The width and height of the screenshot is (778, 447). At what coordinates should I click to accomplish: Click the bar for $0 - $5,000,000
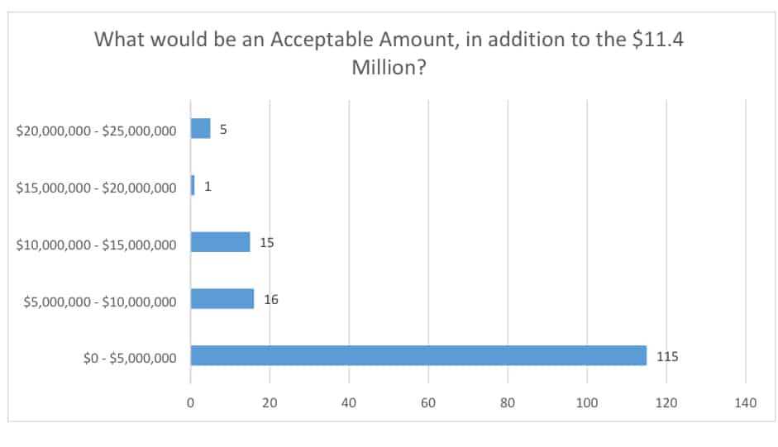[x=418, y=355]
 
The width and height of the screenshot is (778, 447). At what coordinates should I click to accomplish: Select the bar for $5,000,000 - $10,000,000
[x=222, y=298]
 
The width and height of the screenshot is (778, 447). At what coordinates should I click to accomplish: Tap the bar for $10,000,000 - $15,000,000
[x=220, y=241]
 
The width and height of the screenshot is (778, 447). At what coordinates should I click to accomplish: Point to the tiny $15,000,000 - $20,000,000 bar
[x=193, y=185]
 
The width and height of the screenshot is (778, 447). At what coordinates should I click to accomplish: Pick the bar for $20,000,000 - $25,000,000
[x=201, y=129]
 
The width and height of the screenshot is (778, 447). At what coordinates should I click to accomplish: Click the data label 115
[x=667, y=356]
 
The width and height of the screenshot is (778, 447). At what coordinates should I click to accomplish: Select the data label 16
[x=271, y=299]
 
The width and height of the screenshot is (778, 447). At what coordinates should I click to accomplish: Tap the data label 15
[x=267, y=242]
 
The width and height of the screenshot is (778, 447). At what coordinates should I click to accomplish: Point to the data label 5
[x=223, y=130]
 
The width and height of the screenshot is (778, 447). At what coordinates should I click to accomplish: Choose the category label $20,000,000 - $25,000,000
[x=96, y=131]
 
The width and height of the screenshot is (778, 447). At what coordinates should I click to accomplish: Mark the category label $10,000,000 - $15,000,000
[x=96, y=245]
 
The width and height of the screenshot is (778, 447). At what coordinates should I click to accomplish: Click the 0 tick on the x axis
[x=191, y=403]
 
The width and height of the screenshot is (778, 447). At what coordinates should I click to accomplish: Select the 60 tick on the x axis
[x=428, y=403]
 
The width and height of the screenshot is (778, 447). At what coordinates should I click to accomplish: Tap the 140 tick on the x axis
[x=746, y=403]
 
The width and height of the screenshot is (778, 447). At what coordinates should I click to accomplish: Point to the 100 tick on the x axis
[x=587, y=403]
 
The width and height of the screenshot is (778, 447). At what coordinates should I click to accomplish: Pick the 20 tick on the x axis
[x=270, y=403]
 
